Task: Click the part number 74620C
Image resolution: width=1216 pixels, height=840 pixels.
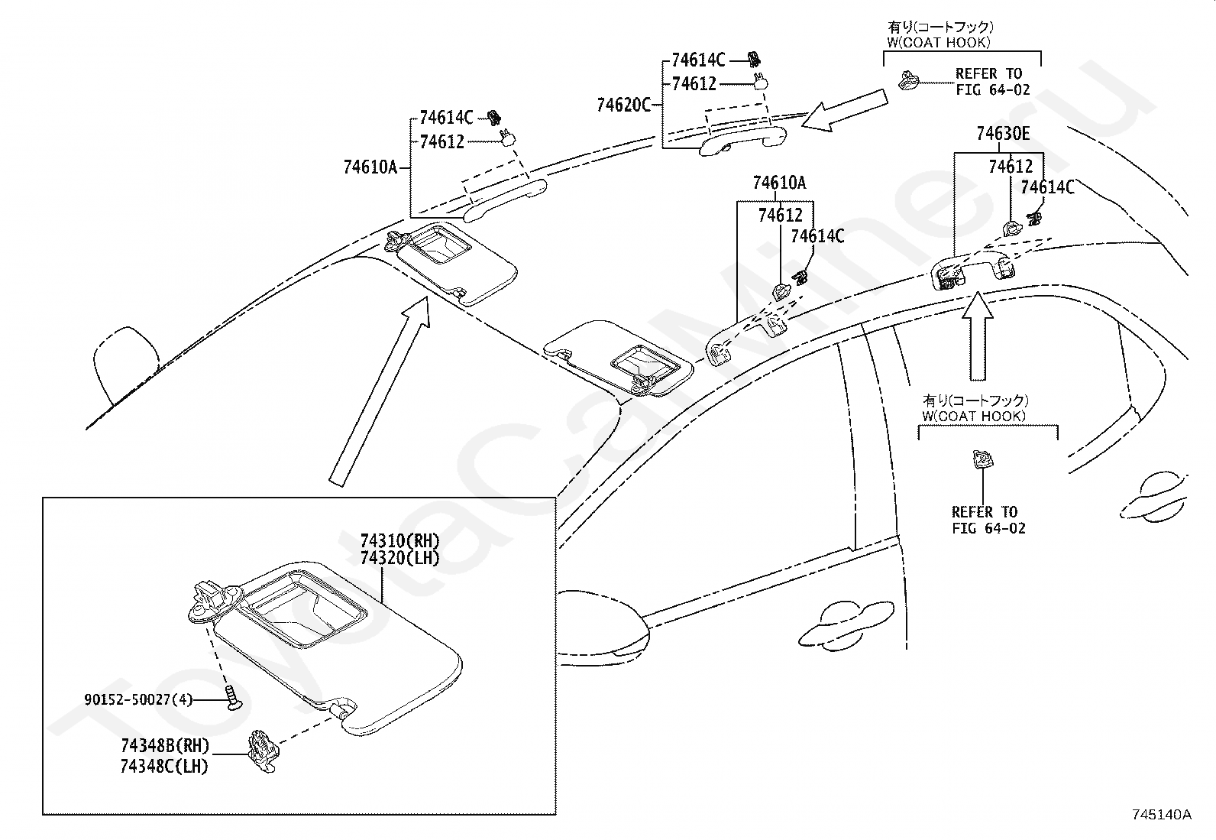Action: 623,105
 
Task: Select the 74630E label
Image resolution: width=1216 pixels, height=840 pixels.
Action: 1002,135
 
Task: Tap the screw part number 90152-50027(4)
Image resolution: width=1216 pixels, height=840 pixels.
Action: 138,699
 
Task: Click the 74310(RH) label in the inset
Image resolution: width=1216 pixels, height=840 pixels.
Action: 400,541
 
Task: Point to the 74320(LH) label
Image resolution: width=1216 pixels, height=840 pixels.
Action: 400,558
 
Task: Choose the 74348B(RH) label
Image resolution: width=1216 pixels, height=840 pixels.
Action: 164,747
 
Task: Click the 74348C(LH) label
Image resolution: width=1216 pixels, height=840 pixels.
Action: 164,765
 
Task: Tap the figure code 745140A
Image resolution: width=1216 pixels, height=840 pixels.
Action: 1162,814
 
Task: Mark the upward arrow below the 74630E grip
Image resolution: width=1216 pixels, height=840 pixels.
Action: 978,336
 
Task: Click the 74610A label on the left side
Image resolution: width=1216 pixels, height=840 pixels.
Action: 370,167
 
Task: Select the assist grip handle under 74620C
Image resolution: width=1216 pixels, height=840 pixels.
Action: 741,141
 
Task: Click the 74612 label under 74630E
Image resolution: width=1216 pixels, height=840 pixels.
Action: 1010,167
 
